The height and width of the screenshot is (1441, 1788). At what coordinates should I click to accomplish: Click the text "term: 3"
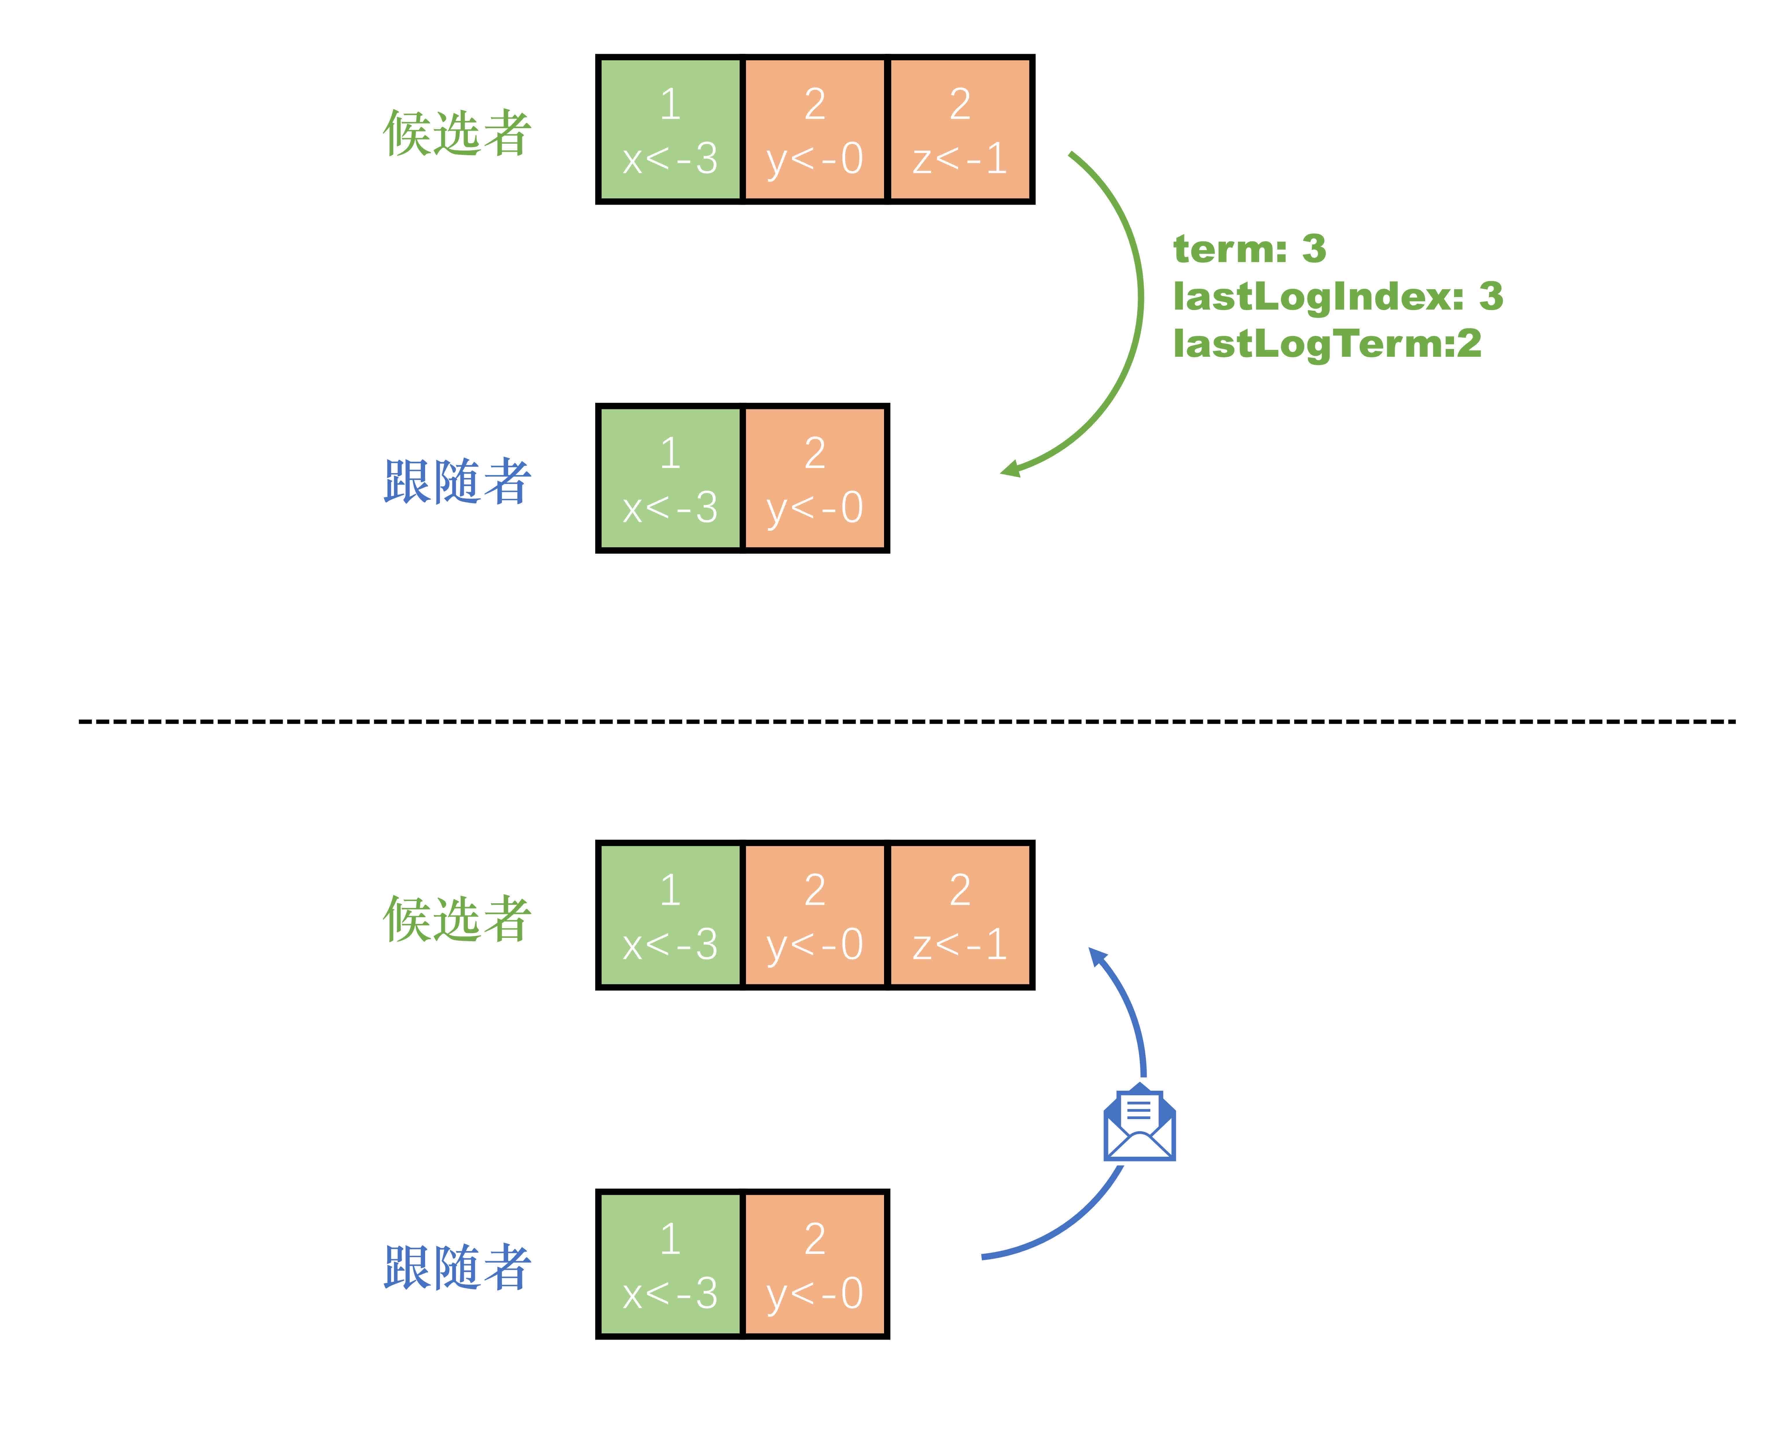click(1249, 249)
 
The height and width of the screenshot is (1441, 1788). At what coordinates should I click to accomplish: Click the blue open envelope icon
click(1139, 1122)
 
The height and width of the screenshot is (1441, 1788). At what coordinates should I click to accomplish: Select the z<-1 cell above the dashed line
click(960, 129)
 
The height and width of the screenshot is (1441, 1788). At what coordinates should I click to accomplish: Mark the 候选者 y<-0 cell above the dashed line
click(815, 129)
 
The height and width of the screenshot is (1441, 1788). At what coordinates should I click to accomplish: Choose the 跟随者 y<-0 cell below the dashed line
click(815, 1264)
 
